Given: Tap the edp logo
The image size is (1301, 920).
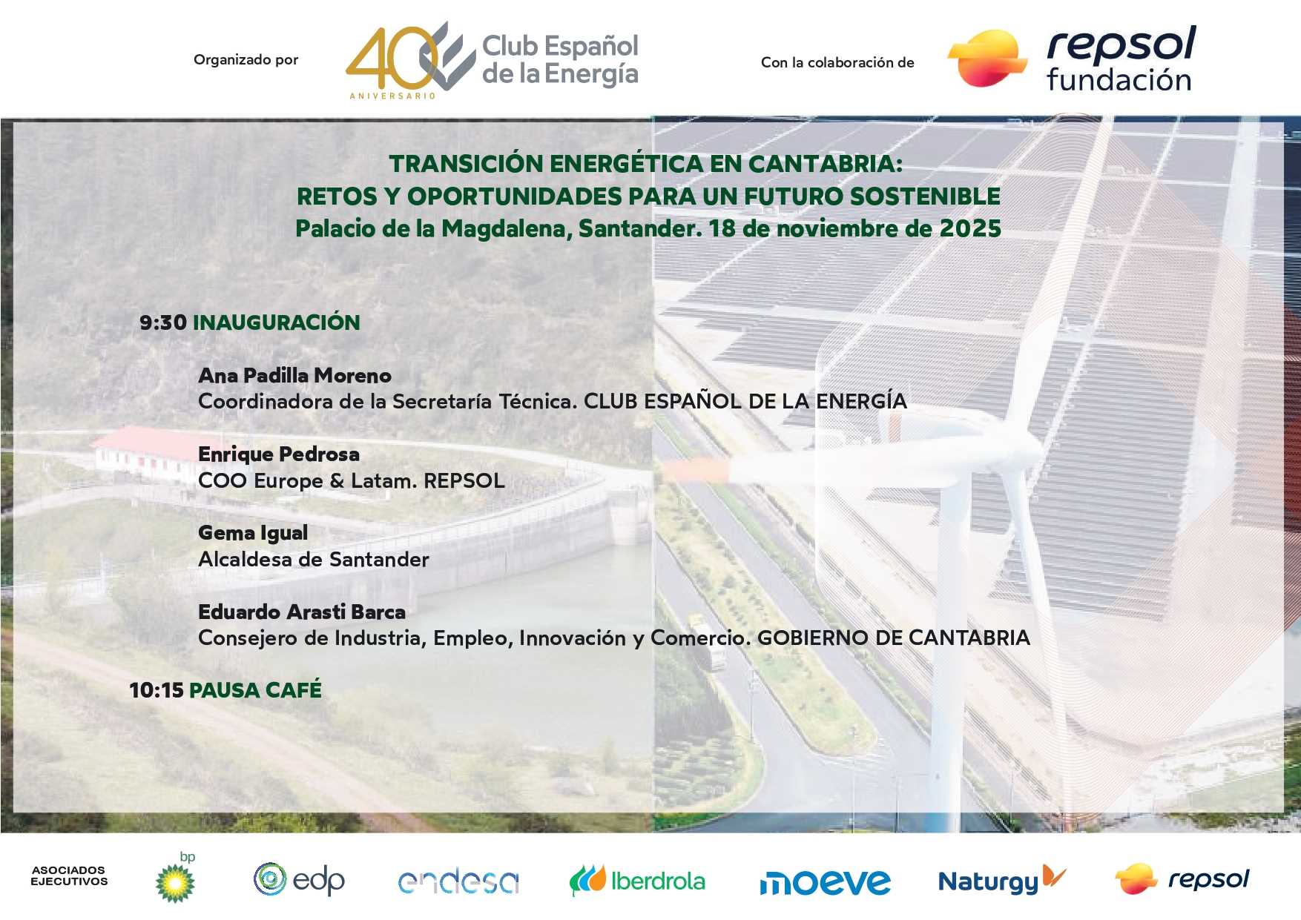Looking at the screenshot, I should click(x=300, y=881).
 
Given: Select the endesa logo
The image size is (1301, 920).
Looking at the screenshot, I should click(x=458, y=881).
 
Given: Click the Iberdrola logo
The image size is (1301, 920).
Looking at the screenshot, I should click(x=637, y=881).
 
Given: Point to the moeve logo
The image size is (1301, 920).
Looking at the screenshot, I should click(x=825, y=882).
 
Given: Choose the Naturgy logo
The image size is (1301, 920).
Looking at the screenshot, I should click(x=1001, y=880).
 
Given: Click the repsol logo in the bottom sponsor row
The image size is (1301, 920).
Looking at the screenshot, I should click(x=1182, y=879).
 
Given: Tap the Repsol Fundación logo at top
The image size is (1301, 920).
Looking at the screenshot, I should click(x=1073, y=59).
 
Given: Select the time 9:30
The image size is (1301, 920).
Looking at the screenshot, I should click(x=163, y=322).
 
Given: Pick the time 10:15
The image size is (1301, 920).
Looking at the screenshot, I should click(x=157, y=690).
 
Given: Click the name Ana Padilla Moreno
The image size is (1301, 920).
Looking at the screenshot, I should click(x=294, y=376).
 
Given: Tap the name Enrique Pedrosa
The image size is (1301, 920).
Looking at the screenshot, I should click(x=279, y=454).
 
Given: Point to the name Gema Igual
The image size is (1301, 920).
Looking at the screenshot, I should click(x=253, y=533).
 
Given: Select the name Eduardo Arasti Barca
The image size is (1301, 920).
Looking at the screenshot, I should click(x=302, y=612).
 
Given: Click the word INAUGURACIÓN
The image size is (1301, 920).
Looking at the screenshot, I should click(x=277, y=322).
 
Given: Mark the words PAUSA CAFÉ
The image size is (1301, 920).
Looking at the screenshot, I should click(x=256, y=690).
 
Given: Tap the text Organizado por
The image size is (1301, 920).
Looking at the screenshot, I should click(x=246, y=60).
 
